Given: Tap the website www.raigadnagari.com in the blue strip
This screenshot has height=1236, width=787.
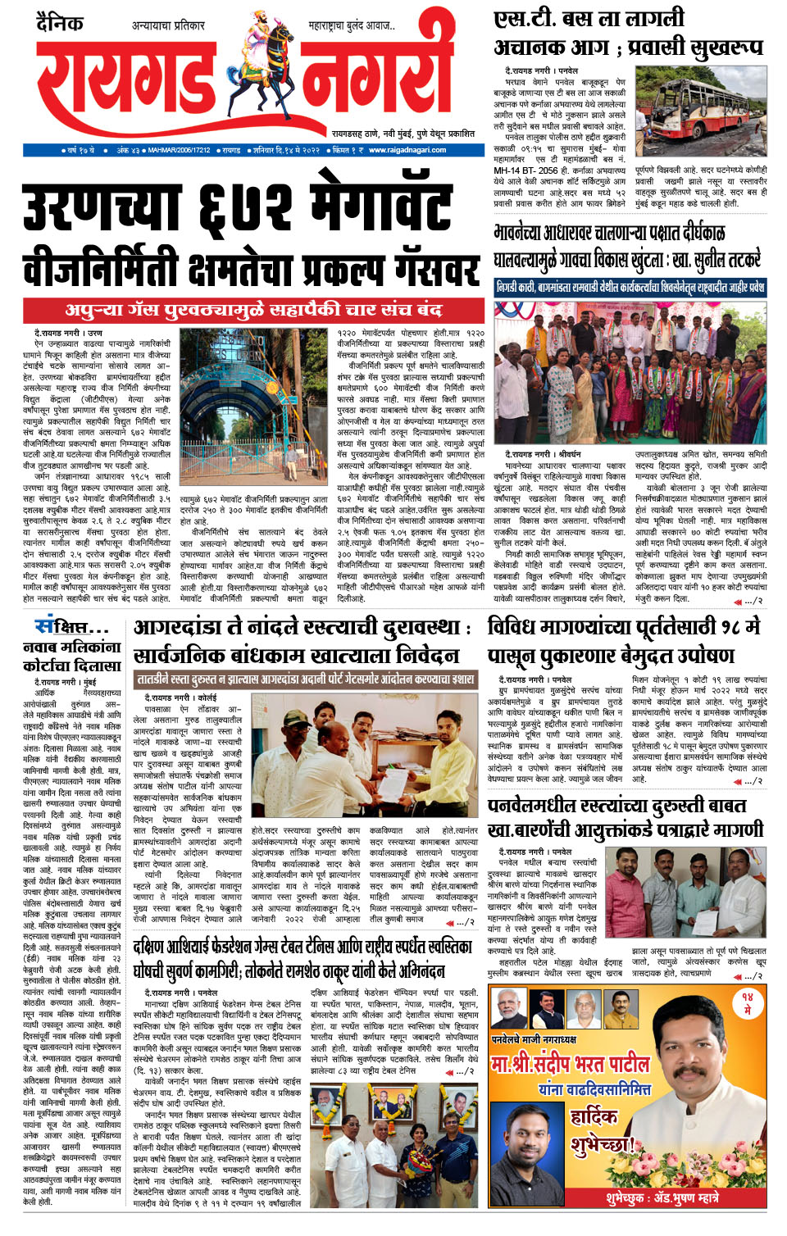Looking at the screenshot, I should click(407, 150).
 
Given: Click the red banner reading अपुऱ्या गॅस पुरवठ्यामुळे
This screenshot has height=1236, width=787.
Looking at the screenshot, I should click(254, 310).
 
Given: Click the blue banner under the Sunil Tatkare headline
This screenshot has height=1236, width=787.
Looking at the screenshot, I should click(630, 288).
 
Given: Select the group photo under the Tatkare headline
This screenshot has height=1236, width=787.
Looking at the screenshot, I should click(630, 372).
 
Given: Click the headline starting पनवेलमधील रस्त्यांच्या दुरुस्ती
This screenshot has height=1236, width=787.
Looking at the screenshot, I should click(616, 806).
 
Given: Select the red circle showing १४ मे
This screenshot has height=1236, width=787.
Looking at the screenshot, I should click(747, 1004).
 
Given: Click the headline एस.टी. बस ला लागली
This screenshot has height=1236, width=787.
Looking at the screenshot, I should click(589, 18).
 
